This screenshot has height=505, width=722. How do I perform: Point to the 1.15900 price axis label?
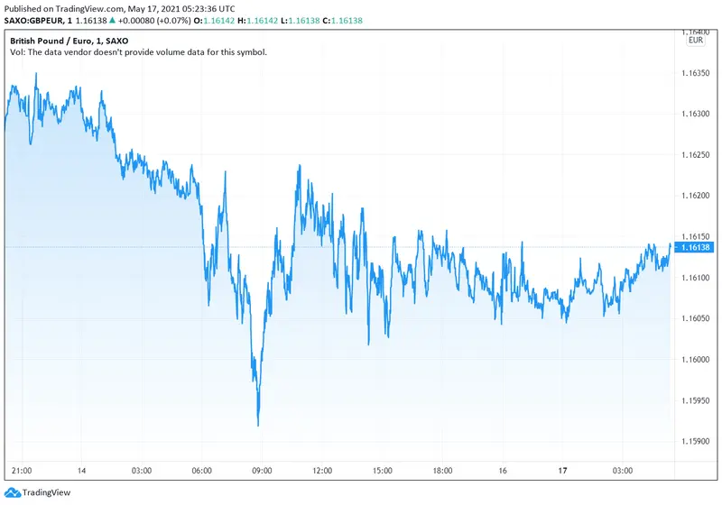[698, 442]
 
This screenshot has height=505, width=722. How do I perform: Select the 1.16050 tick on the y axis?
[698, 318]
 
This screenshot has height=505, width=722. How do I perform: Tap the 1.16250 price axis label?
[698, 154]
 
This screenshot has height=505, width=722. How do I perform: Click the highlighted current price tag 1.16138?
[698, 247]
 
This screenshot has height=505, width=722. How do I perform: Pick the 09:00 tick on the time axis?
[262, 472]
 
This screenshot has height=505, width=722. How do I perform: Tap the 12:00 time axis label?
[322, 472]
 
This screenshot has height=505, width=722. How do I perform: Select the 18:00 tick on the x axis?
[442, 472]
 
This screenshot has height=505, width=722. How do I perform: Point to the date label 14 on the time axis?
[81, 472]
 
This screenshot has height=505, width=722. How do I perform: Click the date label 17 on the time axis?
[563, 472]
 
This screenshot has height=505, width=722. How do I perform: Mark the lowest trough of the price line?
[259, 425]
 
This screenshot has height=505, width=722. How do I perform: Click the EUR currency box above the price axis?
[696, 40]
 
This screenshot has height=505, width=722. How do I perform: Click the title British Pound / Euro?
[51, 41]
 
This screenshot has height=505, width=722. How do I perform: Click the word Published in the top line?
[25, 7]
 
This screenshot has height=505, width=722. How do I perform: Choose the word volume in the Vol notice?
[151, 52]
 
